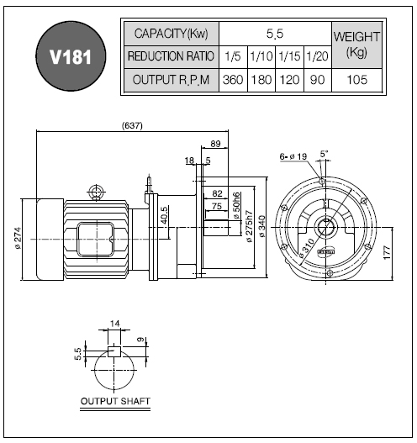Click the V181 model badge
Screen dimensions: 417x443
pyautogui.click(x=71, y=56)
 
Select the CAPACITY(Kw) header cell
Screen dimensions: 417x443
pyautogui.click(x=172, y=34)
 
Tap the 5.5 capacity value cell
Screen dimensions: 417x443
pyautogui.click(x=275, y=34)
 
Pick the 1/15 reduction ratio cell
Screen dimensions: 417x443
pyautogui.click(x=289, y=57)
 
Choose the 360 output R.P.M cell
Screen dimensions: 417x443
pyautogui.click(x=233, y=80)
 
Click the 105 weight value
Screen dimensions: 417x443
pyautogui.click(x=356, y=80)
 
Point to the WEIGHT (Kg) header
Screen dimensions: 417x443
pyautogui.click(x=356, y=45)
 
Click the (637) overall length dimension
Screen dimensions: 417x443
pyautogui.click(x=132, y=125)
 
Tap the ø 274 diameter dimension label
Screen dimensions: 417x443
pyautogui.click(x=18, y=238)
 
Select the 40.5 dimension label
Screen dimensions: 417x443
pyautogui.click(x=165, y=215)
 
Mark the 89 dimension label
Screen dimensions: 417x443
pyautogui.click(x=215, y=144)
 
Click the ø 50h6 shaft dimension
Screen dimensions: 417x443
pyautogui.click(x=237, y=205)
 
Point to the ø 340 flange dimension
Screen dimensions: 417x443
pyautogui.click(x=262, y=226)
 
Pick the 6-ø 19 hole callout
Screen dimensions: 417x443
pyautogui.click(x=293, y=156)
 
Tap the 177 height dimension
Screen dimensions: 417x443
pyautogui.click(x=388, y=252)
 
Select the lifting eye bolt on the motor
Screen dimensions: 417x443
pyautogui.click(x=97, y=192)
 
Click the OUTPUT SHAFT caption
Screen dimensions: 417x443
pyautogui.click(x=115, y=401)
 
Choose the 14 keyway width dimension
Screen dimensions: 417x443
pyautogui.click(x=114, y=323)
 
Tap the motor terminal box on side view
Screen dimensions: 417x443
pyautogui.click(x=96, y=239)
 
